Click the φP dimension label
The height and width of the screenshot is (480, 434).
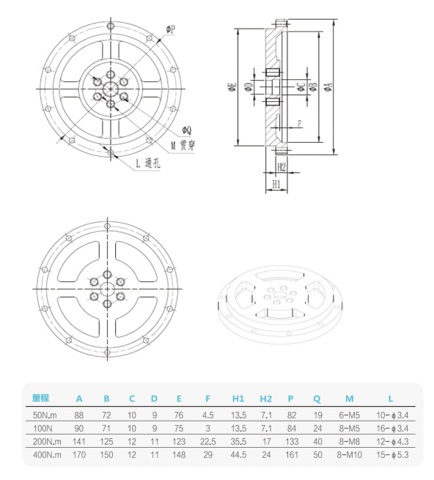170,29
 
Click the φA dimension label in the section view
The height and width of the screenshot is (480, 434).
329,86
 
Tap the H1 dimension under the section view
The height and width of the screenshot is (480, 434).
276,183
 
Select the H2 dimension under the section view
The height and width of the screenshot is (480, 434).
280,167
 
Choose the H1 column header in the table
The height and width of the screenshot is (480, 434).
238,399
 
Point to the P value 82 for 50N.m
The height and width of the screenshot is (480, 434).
292,415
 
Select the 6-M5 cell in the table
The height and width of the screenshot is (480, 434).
349,415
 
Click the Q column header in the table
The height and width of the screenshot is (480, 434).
317,399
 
